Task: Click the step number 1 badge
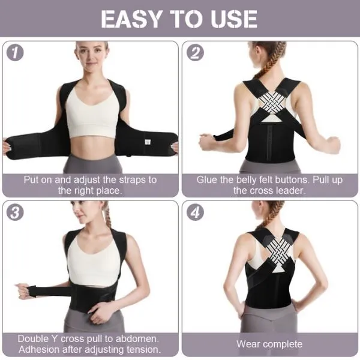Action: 16,53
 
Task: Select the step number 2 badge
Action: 196,53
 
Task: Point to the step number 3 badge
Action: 16,213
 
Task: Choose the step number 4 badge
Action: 196,213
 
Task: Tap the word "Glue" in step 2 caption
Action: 208,179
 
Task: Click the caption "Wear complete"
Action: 269,344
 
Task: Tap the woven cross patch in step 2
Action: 270,103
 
